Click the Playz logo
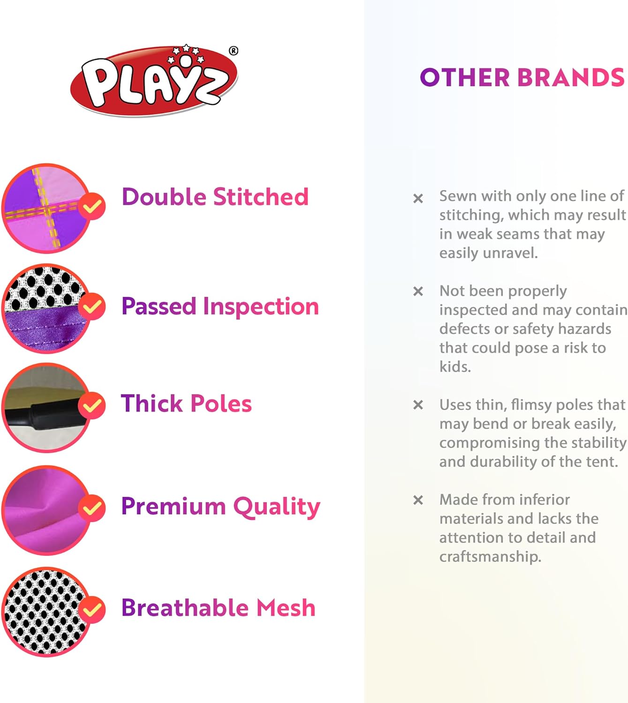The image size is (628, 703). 154,81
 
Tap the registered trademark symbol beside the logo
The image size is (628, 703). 234,51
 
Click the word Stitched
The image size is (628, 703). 260,197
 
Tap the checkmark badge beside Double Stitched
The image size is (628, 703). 92,206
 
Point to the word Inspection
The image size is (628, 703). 260,307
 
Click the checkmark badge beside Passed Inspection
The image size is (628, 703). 92,306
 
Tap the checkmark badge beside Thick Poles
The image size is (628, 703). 92,405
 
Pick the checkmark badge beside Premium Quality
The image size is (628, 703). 92,508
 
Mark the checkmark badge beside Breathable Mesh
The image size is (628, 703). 92,610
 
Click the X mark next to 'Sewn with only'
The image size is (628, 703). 418,198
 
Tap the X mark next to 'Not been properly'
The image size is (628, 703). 418,291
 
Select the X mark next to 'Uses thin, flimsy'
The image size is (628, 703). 418,404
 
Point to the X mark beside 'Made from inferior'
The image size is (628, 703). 418,500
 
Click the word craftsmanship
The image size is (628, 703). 490,557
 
